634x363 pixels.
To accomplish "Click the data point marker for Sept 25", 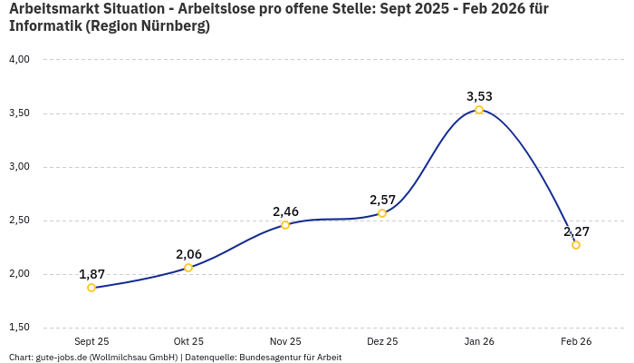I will click(x=91, y=288).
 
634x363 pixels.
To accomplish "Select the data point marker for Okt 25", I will click(x=188, y=268).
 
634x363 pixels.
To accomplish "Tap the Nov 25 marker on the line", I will click(x=285, y=225).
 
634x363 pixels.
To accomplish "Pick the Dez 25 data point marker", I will click(x=382, y=213).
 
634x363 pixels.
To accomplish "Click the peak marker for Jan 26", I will click(x=479, y=110).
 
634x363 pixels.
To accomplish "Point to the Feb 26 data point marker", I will click(x=576, y=245).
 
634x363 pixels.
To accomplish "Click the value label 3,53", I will click(x=479, y=96).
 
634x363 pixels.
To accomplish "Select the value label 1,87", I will click(x=91, y=274).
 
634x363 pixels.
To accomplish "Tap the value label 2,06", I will click(x=188, y=254).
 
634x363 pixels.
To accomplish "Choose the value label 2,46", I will click(x=285, y=211).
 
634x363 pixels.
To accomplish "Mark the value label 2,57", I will click(x=382, y=200).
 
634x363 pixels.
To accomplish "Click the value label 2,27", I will click(x=576, y=231).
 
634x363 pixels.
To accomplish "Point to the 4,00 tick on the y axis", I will click(x=19, y=60).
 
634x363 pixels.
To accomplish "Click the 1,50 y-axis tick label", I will click(x=19, y=328).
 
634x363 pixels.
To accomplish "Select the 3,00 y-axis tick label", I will click(x=19, y=167).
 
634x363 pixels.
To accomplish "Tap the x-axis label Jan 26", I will click(x=479, y=341).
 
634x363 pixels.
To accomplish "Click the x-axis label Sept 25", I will click(x=91, y=341).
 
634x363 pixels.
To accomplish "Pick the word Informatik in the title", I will click(x=45, y=26).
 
